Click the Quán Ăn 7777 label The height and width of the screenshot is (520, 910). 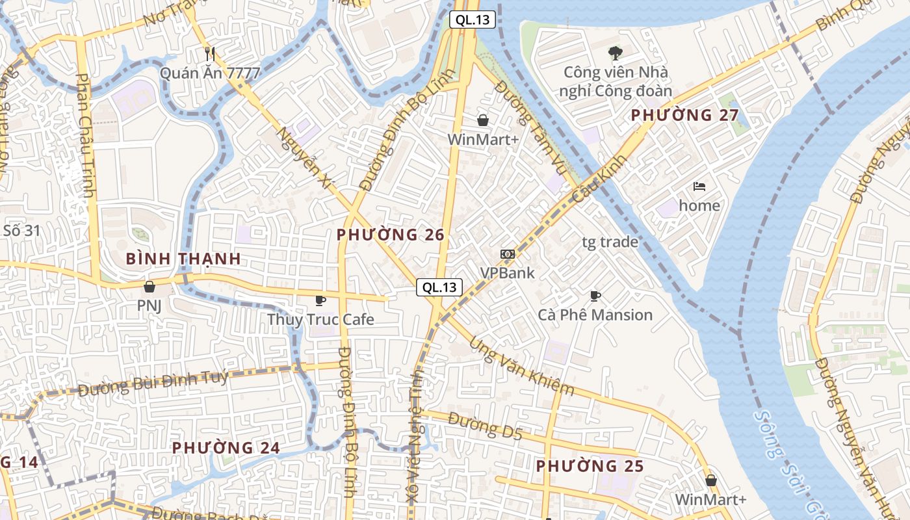(210, 73)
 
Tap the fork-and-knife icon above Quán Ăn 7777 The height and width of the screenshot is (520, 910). (209, 53)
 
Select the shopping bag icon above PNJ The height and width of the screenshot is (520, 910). (149, 286)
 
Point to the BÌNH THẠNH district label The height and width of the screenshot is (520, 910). (183, 259)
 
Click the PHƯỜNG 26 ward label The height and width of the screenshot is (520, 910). (391, 235)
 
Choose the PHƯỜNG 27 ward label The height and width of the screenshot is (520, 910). (685, 116)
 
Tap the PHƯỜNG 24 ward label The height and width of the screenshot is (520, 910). (226, 448)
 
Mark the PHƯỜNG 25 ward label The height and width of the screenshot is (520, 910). (590, 466)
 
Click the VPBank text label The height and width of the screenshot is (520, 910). (507, 272)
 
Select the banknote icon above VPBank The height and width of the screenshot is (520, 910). (507, 253)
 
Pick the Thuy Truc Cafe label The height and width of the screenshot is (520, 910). (320, 319)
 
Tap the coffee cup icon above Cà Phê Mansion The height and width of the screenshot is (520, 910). (595, 296)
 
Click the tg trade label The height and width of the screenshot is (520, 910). (610, 242)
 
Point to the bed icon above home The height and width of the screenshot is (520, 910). (699, 187)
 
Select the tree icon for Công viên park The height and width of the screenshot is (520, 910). (615, 53)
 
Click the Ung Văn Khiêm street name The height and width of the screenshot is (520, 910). (521, 365)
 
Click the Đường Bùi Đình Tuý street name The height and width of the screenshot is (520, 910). (153, 383)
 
